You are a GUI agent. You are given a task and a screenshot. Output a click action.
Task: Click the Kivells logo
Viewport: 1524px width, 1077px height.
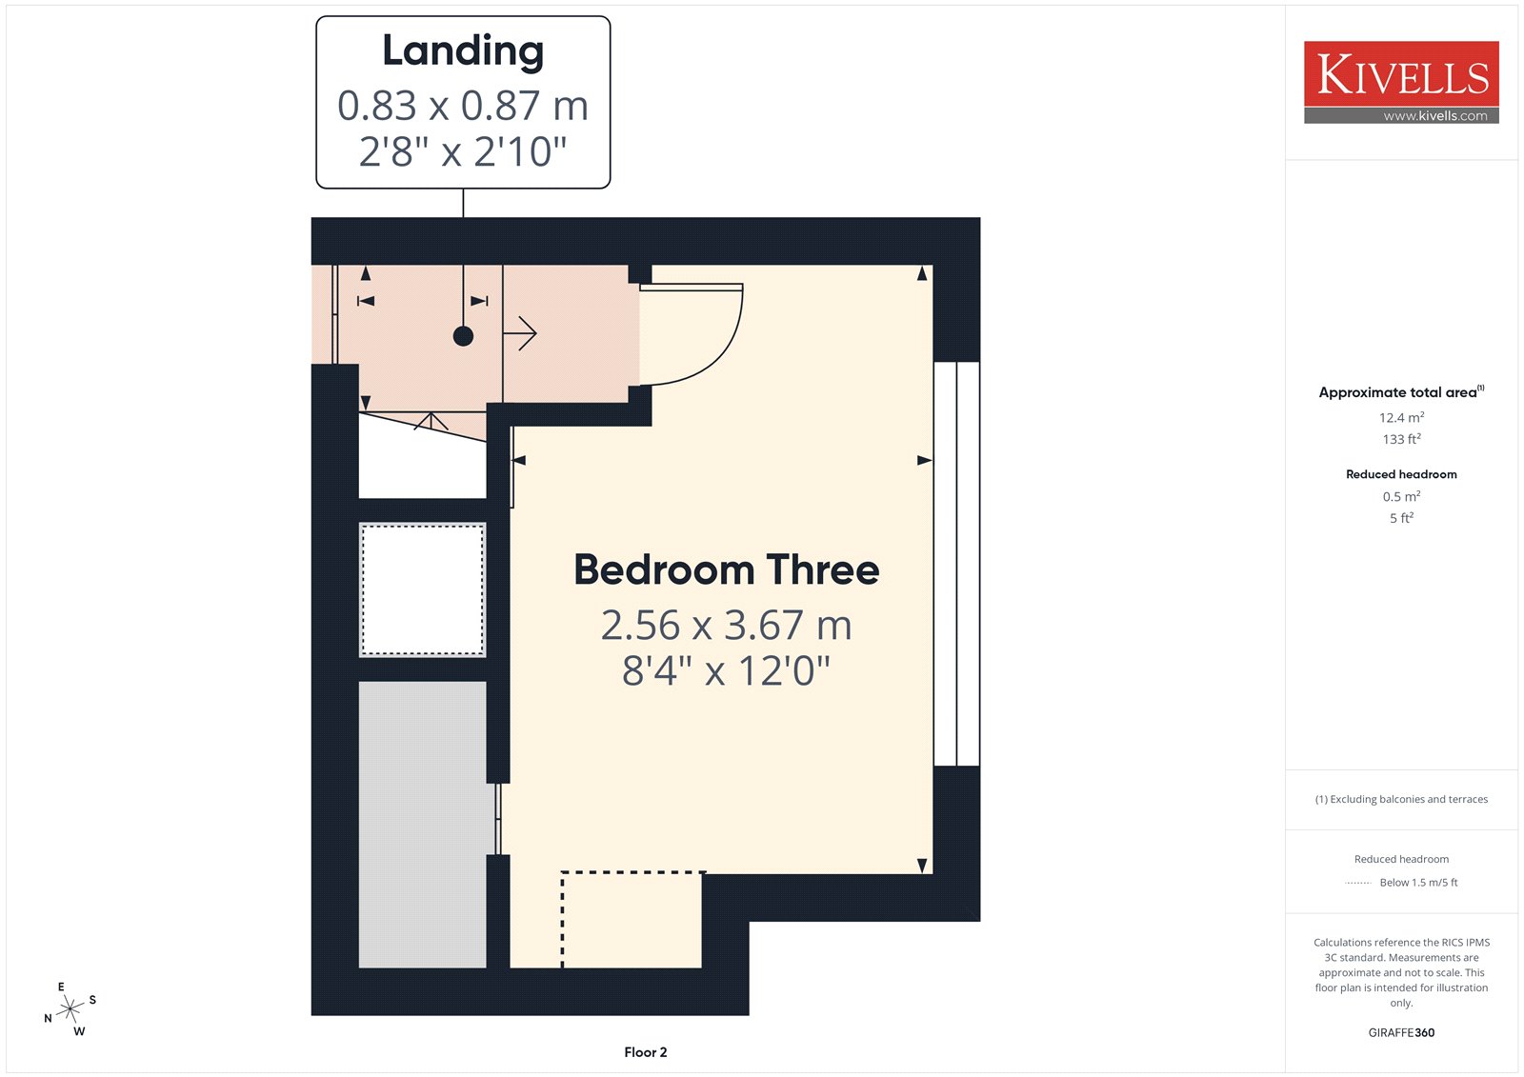tap(1401, 82)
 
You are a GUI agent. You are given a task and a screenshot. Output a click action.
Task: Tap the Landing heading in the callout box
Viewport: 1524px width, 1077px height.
tap(463, 51)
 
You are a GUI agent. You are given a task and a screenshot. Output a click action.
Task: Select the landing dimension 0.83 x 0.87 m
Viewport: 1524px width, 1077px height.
tap(463, 106)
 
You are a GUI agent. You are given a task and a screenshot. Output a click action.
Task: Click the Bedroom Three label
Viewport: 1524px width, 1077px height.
tap(727, 569)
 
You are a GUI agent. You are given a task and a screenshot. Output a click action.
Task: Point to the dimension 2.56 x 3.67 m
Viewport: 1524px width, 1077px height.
tap(726, 625)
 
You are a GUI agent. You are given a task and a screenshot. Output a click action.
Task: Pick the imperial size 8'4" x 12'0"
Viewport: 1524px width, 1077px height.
tap(726, 670)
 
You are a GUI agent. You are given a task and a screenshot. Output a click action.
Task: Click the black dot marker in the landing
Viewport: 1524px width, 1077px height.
tap(463, 336)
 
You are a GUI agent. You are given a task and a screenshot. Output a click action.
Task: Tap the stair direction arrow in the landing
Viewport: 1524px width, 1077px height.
tap(520, 333)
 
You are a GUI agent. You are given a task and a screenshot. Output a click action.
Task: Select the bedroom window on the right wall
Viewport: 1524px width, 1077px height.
tap(956, 564)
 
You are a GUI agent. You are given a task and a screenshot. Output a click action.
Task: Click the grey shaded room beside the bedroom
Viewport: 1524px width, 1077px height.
tap(423, 824)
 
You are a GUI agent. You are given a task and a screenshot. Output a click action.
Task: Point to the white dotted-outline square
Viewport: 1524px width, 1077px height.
tap(423, 589)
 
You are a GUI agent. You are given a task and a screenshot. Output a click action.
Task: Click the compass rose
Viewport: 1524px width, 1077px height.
tap(70, 1009)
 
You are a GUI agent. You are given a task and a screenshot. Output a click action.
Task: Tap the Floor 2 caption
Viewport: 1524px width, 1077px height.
tap(646, 1052)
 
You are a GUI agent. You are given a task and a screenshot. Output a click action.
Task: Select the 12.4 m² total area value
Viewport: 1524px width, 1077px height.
tap(1401, 417)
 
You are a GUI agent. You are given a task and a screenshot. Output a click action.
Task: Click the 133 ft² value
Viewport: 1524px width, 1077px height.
tap(1401, 439)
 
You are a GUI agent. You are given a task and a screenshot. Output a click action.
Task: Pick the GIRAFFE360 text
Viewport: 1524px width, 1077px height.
tap(1401, 1032)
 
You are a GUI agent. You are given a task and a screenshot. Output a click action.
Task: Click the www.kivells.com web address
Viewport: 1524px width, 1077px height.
tap(1435, 115)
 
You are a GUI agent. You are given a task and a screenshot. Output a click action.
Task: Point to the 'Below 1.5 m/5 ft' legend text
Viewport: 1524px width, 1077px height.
tap(1418, 883)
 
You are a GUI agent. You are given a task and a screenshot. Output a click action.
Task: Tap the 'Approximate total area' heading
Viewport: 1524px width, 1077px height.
tap(1401, 392)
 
